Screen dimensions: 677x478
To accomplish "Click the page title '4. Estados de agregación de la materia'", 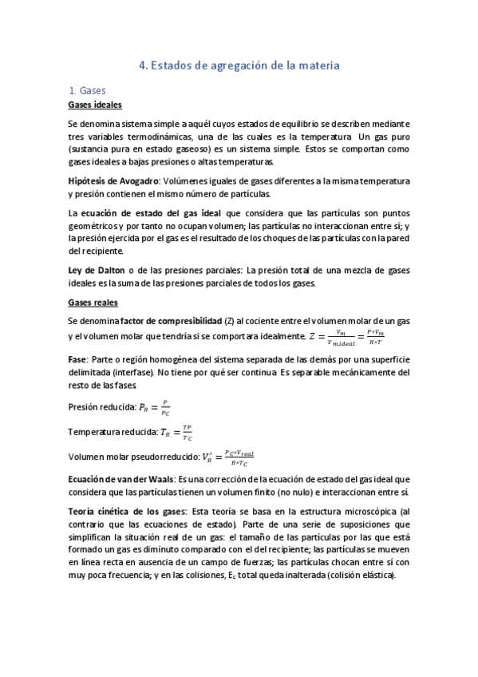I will [239, 66].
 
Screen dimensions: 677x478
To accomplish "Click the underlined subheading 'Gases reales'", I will [93, 303].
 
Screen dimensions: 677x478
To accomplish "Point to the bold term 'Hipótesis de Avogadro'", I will [109, 182].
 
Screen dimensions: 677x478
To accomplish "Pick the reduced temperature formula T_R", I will [176, 434].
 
